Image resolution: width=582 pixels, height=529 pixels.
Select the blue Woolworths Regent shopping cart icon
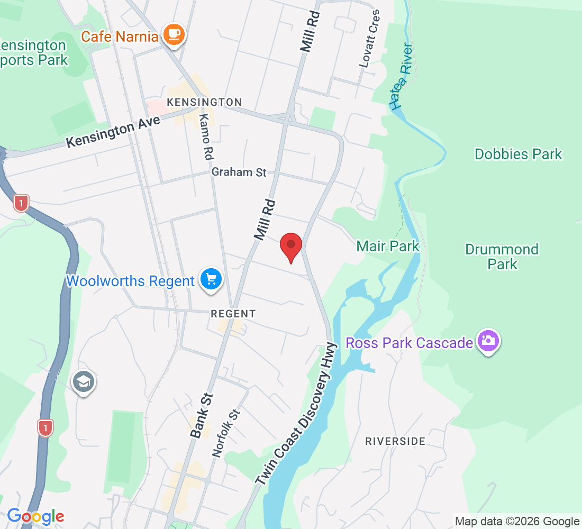point(211,279)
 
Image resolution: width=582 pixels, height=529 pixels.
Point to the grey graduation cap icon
point(84,381)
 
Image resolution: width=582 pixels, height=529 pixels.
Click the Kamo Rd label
point(205,136)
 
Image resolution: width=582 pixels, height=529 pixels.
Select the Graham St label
point(239,172)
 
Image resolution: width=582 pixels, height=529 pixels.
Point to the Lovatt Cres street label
point(369,38)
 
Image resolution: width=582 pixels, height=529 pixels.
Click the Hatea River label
point(403,77)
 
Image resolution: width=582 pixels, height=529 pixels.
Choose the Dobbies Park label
point(518,154)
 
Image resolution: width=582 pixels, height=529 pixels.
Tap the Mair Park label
point(388,246)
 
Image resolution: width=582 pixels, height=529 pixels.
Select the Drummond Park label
point(502,256)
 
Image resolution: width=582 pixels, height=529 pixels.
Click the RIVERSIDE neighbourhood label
point(395,441)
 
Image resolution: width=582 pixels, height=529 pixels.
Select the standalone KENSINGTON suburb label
point(204,102)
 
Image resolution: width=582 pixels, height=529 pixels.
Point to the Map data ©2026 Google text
point(517,522)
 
